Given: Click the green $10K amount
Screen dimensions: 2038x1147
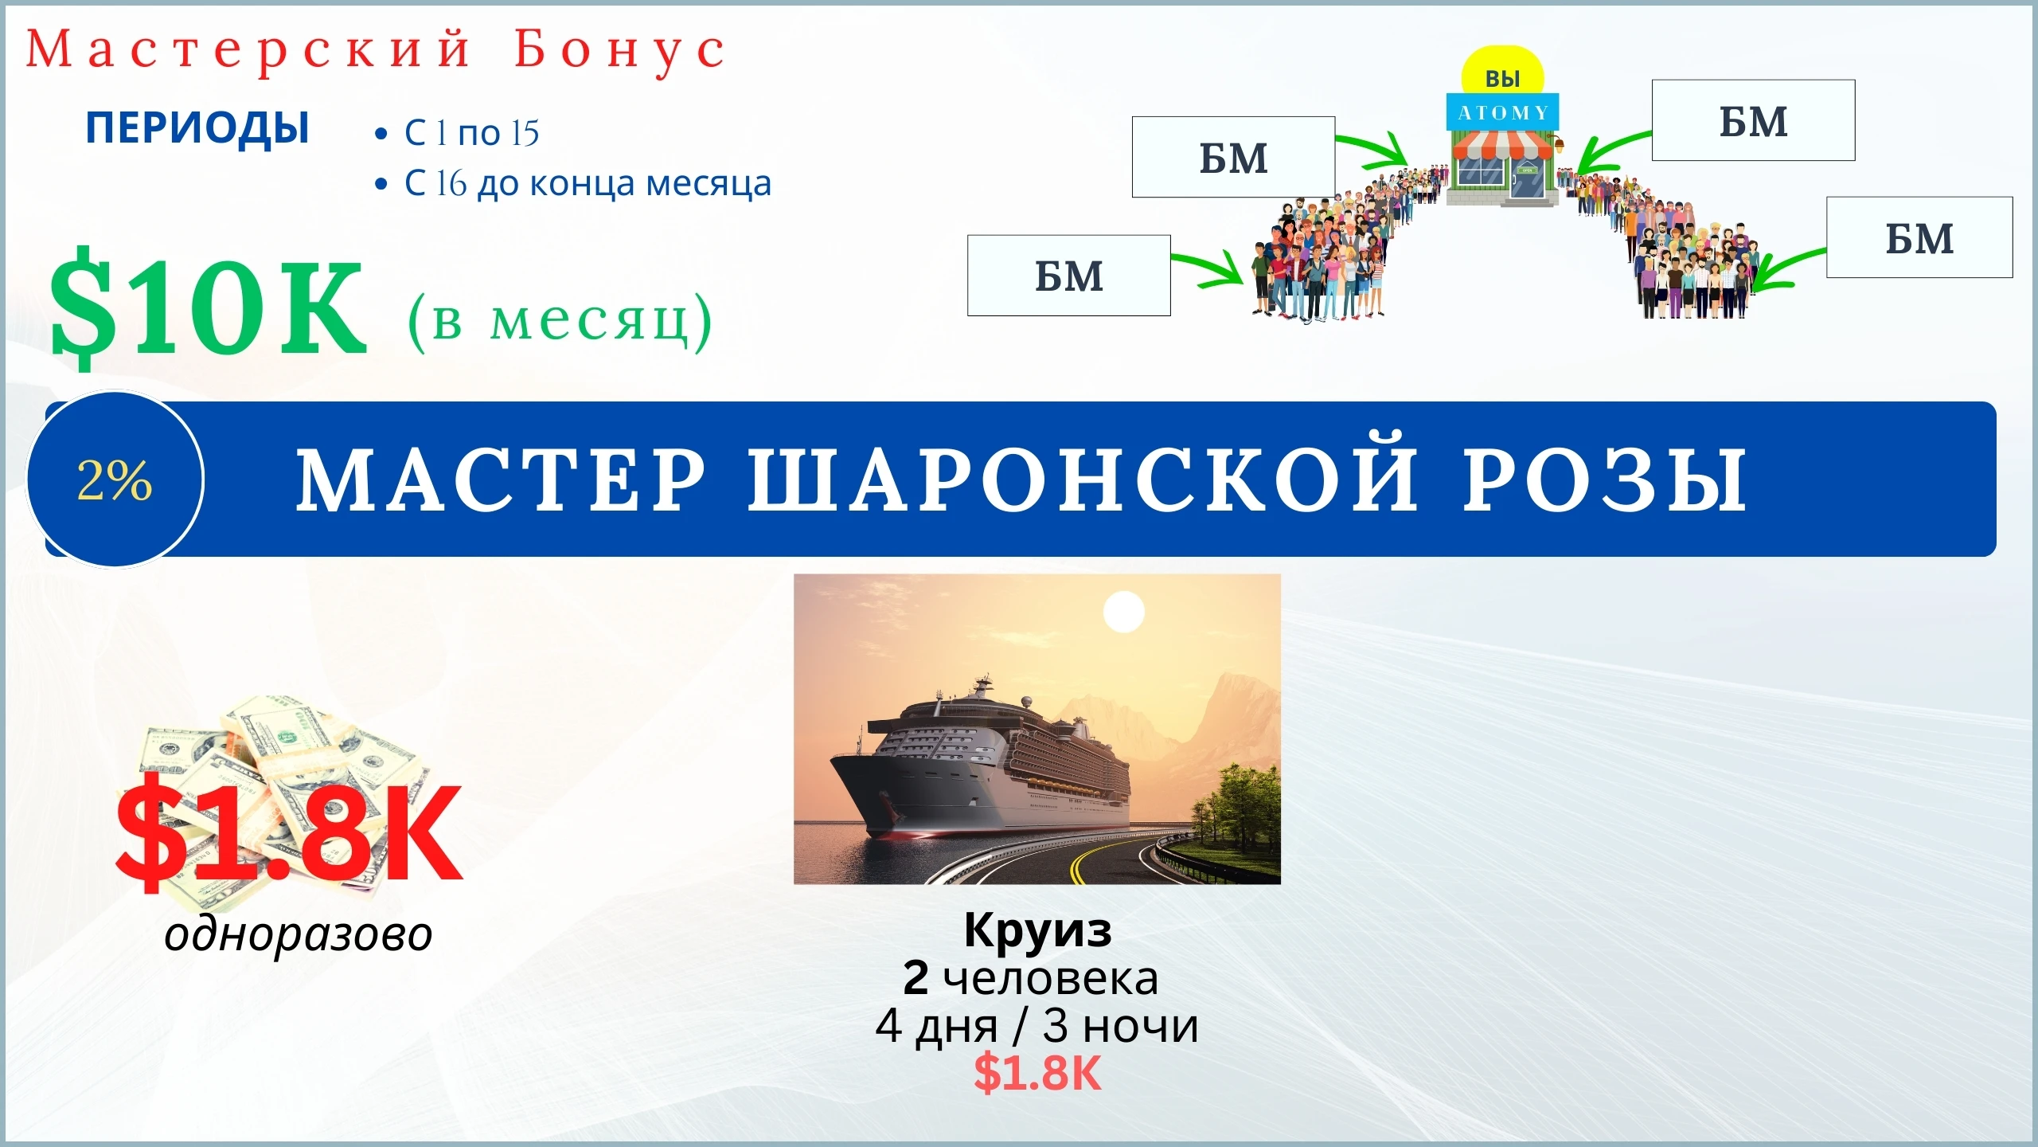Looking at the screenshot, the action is [209, 307].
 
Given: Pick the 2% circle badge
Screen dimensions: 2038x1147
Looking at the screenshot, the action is [115, 480].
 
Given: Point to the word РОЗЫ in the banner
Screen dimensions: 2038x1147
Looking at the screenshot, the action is [1605, 480].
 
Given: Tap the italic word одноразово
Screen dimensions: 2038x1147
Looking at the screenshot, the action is [299, 934].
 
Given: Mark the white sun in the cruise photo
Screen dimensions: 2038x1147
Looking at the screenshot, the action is [1123, 613].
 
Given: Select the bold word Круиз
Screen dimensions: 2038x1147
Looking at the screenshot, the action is [1037, 930].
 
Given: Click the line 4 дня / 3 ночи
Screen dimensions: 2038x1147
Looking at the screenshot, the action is [1037, 1026].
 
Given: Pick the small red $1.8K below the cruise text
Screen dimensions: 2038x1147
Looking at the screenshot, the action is [1037, 1073].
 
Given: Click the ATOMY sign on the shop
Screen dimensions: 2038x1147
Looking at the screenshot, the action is [1503, 113].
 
